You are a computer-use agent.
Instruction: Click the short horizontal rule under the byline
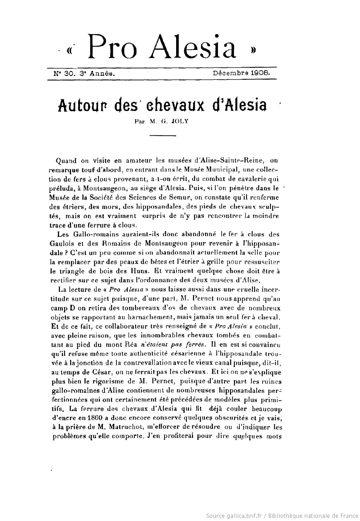click(x=163, y=135)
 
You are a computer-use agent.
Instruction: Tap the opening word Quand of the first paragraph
click(x=66, y=161)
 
